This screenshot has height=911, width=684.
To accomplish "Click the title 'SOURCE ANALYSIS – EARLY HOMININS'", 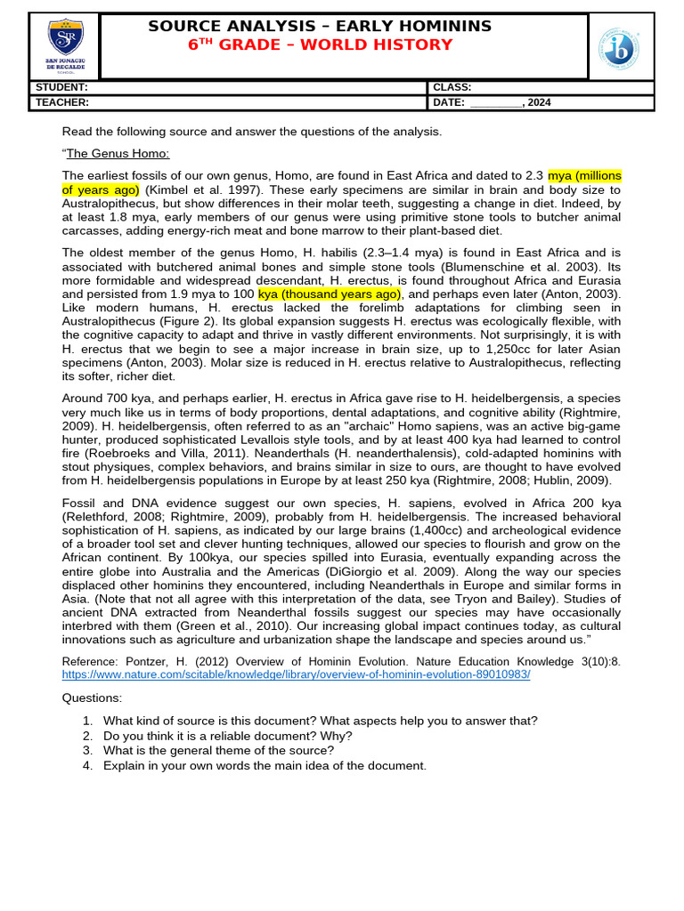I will point(320,26).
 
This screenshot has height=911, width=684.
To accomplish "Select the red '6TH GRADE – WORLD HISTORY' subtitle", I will point(320,45).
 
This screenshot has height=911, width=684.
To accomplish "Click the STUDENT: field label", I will point(61,88).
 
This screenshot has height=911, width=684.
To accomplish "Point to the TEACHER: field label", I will point(62,102).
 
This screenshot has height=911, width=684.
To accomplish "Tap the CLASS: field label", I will point(452,88).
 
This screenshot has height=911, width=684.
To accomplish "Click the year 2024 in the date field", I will point(539,102).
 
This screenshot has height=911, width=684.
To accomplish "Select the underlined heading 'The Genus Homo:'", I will point(118,153).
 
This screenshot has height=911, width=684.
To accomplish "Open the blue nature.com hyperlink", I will point(296,674).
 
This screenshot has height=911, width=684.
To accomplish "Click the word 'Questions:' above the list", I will point(92,698).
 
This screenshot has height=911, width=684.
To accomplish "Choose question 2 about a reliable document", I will point(227,736).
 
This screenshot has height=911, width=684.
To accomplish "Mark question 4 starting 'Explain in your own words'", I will point(265,765).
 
